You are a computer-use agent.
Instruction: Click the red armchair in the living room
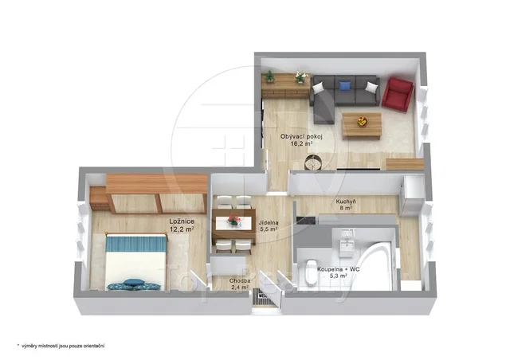(x=398, y=94)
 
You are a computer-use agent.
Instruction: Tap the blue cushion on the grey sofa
(x=344, y=86)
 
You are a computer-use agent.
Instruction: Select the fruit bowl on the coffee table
(x=363, y=122)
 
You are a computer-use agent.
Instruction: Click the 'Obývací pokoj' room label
(x=301, y=136)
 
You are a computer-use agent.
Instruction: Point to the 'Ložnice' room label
(x=182, y=221)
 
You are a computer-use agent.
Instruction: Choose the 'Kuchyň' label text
(x=346, y=202)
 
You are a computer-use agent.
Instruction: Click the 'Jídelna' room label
(x=269, y=223)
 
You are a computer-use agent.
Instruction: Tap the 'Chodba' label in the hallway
(x=240, y=281)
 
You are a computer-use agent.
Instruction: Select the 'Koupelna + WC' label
(x=338, y=269)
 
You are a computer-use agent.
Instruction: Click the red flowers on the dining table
(x=233, y=220)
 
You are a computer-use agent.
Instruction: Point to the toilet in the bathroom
(x=312, y=272)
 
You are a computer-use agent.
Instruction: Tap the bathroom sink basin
(x=347, y=245)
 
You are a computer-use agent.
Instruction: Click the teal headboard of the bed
(x=136, y=243)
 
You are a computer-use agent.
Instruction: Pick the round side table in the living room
(x=313, y=162)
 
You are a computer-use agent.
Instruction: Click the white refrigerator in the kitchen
(x=412, y=196)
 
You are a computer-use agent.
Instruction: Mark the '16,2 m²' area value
(x=301, y=143)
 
